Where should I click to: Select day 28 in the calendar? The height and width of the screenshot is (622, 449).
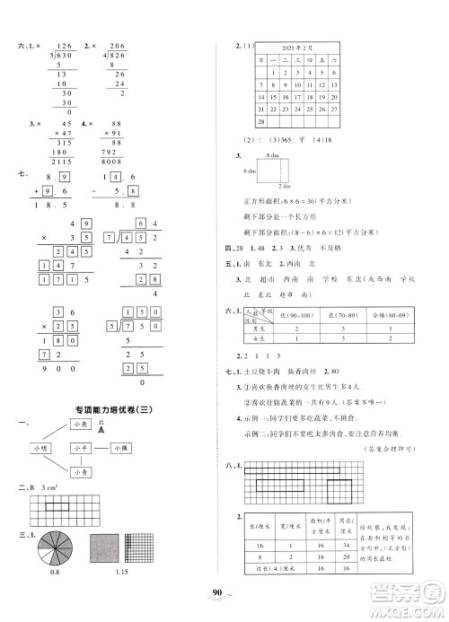262,121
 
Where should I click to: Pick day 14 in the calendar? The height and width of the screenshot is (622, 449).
262,92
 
